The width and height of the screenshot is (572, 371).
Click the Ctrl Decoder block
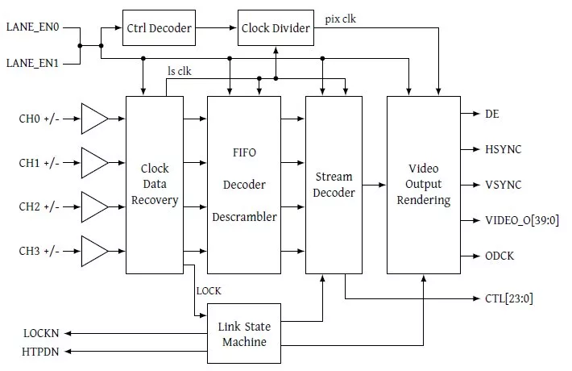tap(159, 28)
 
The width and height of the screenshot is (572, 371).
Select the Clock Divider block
tap(276, 28)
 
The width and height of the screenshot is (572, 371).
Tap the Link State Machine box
tap(244, 334)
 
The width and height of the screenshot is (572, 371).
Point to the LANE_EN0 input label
tap(32, 27)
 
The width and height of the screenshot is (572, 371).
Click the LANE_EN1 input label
tap(32, 62)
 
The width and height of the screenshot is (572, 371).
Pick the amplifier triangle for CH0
tap(95, 122)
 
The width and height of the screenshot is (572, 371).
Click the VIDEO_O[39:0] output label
tap(520, 220)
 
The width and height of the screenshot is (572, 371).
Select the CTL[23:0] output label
tap(508, 298)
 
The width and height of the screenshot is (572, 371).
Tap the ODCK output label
tap(499, 256)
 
